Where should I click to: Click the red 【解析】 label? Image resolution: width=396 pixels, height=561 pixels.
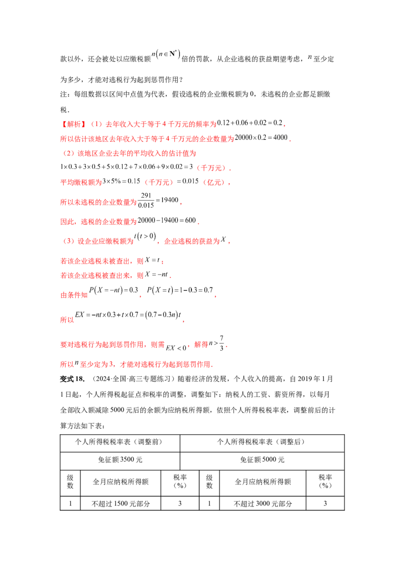[x=73, y=124]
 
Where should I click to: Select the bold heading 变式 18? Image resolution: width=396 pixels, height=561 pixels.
[x=72, y=379]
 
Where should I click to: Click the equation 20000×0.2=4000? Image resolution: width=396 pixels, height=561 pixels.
[x=261, y=138]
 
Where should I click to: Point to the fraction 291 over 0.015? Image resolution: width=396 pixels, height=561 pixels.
[x=146, y=200]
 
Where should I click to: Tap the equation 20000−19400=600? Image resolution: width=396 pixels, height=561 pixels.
[x=167, y=221]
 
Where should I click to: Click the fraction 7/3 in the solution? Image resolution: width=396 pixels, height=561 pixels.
[x=222, y=343]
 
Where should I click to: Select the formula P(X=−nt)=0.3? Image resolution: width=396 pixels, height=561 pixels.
[x=114, y=290]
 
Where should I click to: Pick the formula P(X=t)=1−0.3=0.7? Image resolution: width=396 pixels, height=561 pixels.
[x=180, y=290]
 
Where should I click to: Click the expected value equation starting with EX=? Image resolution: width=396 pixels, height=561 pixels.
[x=128, y=315]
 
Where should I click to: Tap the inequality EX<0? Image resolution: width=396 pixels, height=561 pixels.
[x=176, y=348]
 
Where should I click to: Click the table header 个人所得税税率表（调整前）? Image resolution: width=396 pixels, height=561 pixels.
[x=120, y=442]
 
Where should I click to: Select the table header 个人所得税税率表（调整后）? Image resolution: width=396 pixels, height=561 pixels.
[x=262, y=442]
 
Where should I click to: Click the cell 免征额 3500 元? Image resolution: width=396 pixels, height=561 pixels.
[x=120, y=460]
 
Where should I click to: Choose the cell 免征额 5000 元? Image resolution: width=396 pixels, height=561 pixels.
[x=262, y=460]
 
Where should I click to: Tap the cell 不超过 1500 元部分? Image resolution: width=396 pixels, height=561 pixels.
[x=121, y=504]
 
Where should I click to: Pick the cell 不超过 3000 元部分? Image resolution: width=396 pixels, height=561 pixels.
[x=263, y=504]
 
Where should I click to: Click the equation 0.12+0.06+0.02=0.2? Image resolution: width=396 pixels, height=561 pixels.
[x=250, y=123]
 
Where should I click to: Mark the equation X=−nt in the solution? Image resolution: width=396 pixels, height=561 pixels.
[x=156, y=275]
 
